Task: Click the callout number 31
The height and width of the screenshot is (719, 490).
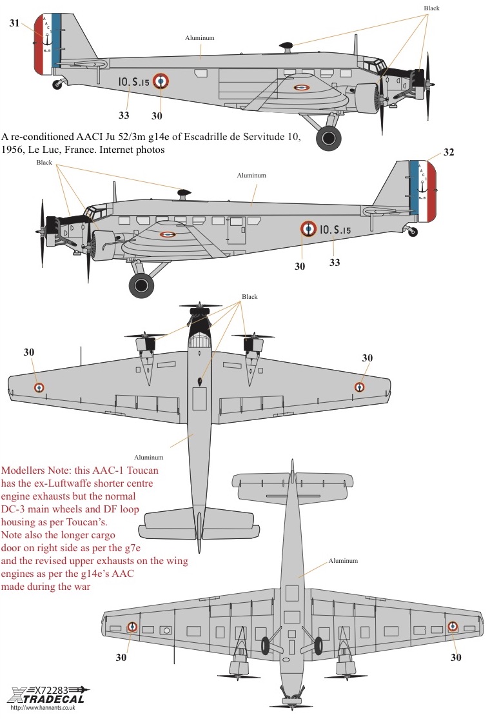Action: tap(15, 23)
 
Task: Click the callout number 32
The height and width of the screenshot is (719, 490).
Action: tap(449, 152)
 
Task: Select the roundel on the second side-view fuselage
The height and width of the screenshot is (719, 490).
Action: tap(309, 228)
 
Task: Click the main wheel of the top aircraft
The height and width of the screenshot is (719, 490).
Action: tap(329, 137)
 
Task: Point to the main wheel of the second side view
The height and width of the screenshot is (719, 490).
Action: tap(141, 285)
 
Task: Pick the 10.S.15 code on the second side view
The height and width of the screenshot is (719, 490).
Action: tap(335, 230)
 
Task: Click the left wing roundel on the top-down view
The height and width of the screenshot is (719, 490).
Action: tap(39, 387)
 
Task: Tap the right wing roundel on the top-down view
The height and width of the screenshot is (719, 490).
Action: tap(359, 387)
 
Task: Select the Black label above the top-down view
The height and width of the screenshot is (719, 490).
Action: tap(250, 297)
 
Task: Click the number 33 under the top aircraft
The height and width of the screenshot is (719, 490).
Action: tap(124, 116)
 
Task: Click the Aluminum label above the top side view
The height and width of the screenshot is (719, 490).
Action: tap(200, 38)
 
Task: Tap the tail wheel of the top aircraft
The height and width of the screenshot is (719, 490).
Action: tap(59, 83)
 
